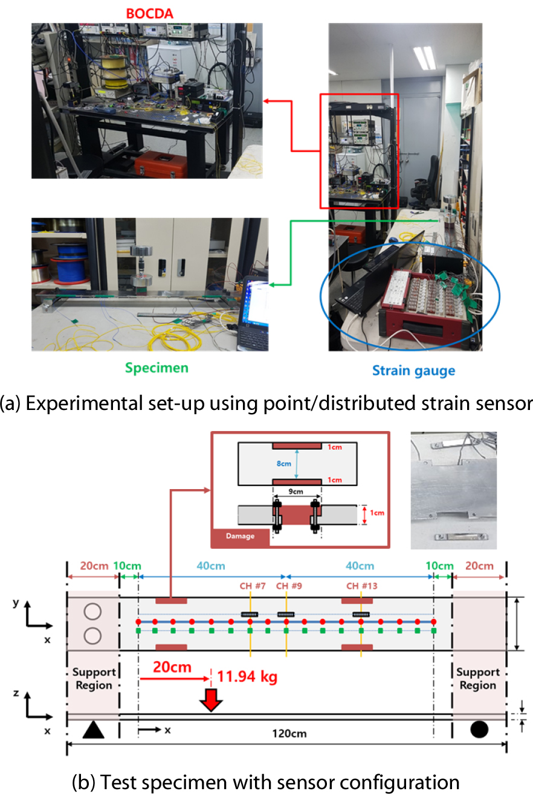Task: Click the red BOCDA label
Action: pyautogui.click(x=150, y=14)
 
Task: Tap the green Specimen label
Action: pyautogui.click(x=157, y=368)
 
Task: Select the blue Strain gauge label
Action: pyautogui.click(x=413, y=371)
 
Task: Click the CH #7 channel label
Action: pyautogui.click(x=253, y=586)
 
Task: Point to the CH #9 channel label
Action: pyautogui.click(x=289, y=586)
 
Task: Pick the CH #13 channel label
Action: pyautogui.click(x=361, y=586)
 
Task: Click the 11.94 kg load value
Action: pyautogui.click(x=247, y=677)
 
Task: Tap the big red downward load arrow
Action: pyautogui.click(x=211, y=700)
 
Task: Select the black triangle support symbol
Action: pyautogui.click(x=93, y=729)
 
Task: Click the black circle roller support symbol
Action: pyautogui.click(x=479, y=729)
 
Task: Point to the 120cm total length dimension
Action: pyautogui.click(x=289, y=734)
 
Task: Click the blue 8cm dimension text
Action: pyautogui.click(x=283, y=464)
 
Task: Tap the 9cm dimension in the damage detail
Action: pyautogui.click(x=296, y=491)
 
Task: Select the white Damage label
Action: pyautogui.click(x=241, y=536)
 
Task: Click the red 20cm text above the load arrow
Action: pyautogui.click(x=172, y=667)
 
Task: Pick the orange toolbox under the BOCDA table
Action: pyautogui.click(x=161, y=164)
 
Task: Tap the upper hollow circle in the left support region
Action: pyautogui.click(x=92, y=612)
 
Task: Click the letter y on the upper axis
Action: pyautogui.click(x=16, y=603)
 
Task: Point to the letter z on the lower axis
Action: pyautogui.click(x=16, y=693)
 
